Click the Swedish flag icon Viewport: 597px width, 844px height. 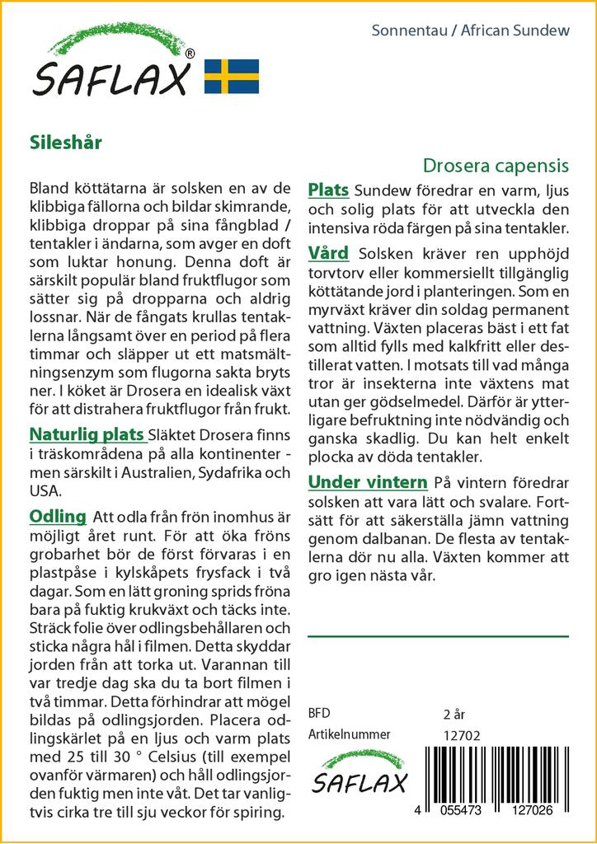pos(232,76)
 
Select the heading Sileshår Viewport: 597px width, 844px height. pos(65,141)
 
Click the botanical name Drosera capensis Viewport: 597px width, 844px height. pos(496,166)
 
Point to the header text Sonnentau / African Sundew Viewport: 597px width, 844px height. pos(471,31)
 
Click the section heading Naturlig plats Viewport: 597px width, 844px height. pos(87,434)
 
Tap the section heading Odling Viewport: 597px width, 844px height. pos(58,517)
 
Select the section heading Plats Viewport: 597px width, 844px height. pos(328,190)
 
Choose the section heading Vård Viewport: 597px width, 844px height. pos(328,253)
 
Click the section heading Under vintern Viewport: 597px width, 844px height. pos(368,482)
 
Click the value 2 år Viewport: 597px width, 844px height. pos(455,714)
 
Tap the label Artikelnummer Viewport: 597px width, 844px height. pos(348,734)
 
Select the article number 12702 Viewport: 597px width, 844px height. pos(461,735)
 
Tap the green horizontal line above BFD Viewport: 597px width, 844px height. pos(438,636)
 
